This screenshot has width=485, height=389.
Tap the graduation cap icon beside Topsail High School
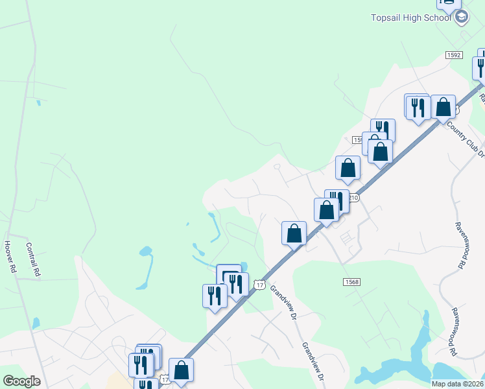(462, 18)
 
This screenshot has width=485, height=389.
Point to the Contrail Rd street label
(33, 260)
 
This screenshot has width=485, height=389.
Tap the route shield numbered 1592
(453, 56)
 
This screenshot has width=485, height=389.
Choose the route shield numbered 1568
(351, 281)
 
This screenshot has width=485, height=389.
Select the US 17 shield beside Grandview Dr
(259, 285)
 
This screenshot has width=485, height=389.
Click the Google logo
(21, 381)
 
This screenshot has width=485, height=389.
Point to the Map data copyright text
(458, 384)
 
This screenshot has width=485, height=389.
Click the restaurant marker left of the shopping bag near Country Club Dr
(418, 107)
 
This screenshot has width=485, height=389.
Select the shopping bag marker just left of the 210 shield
(327, 210)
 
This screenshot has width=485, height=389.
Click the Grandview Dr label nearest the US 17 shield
(283, 303)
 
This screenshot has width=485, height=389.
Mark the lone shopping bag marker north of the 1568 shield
(294, 233)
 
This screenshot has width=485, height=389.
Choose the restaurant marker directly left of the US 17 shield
(237, 284)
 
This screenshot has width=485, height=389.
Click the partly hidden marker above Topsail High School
(447, 4)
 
